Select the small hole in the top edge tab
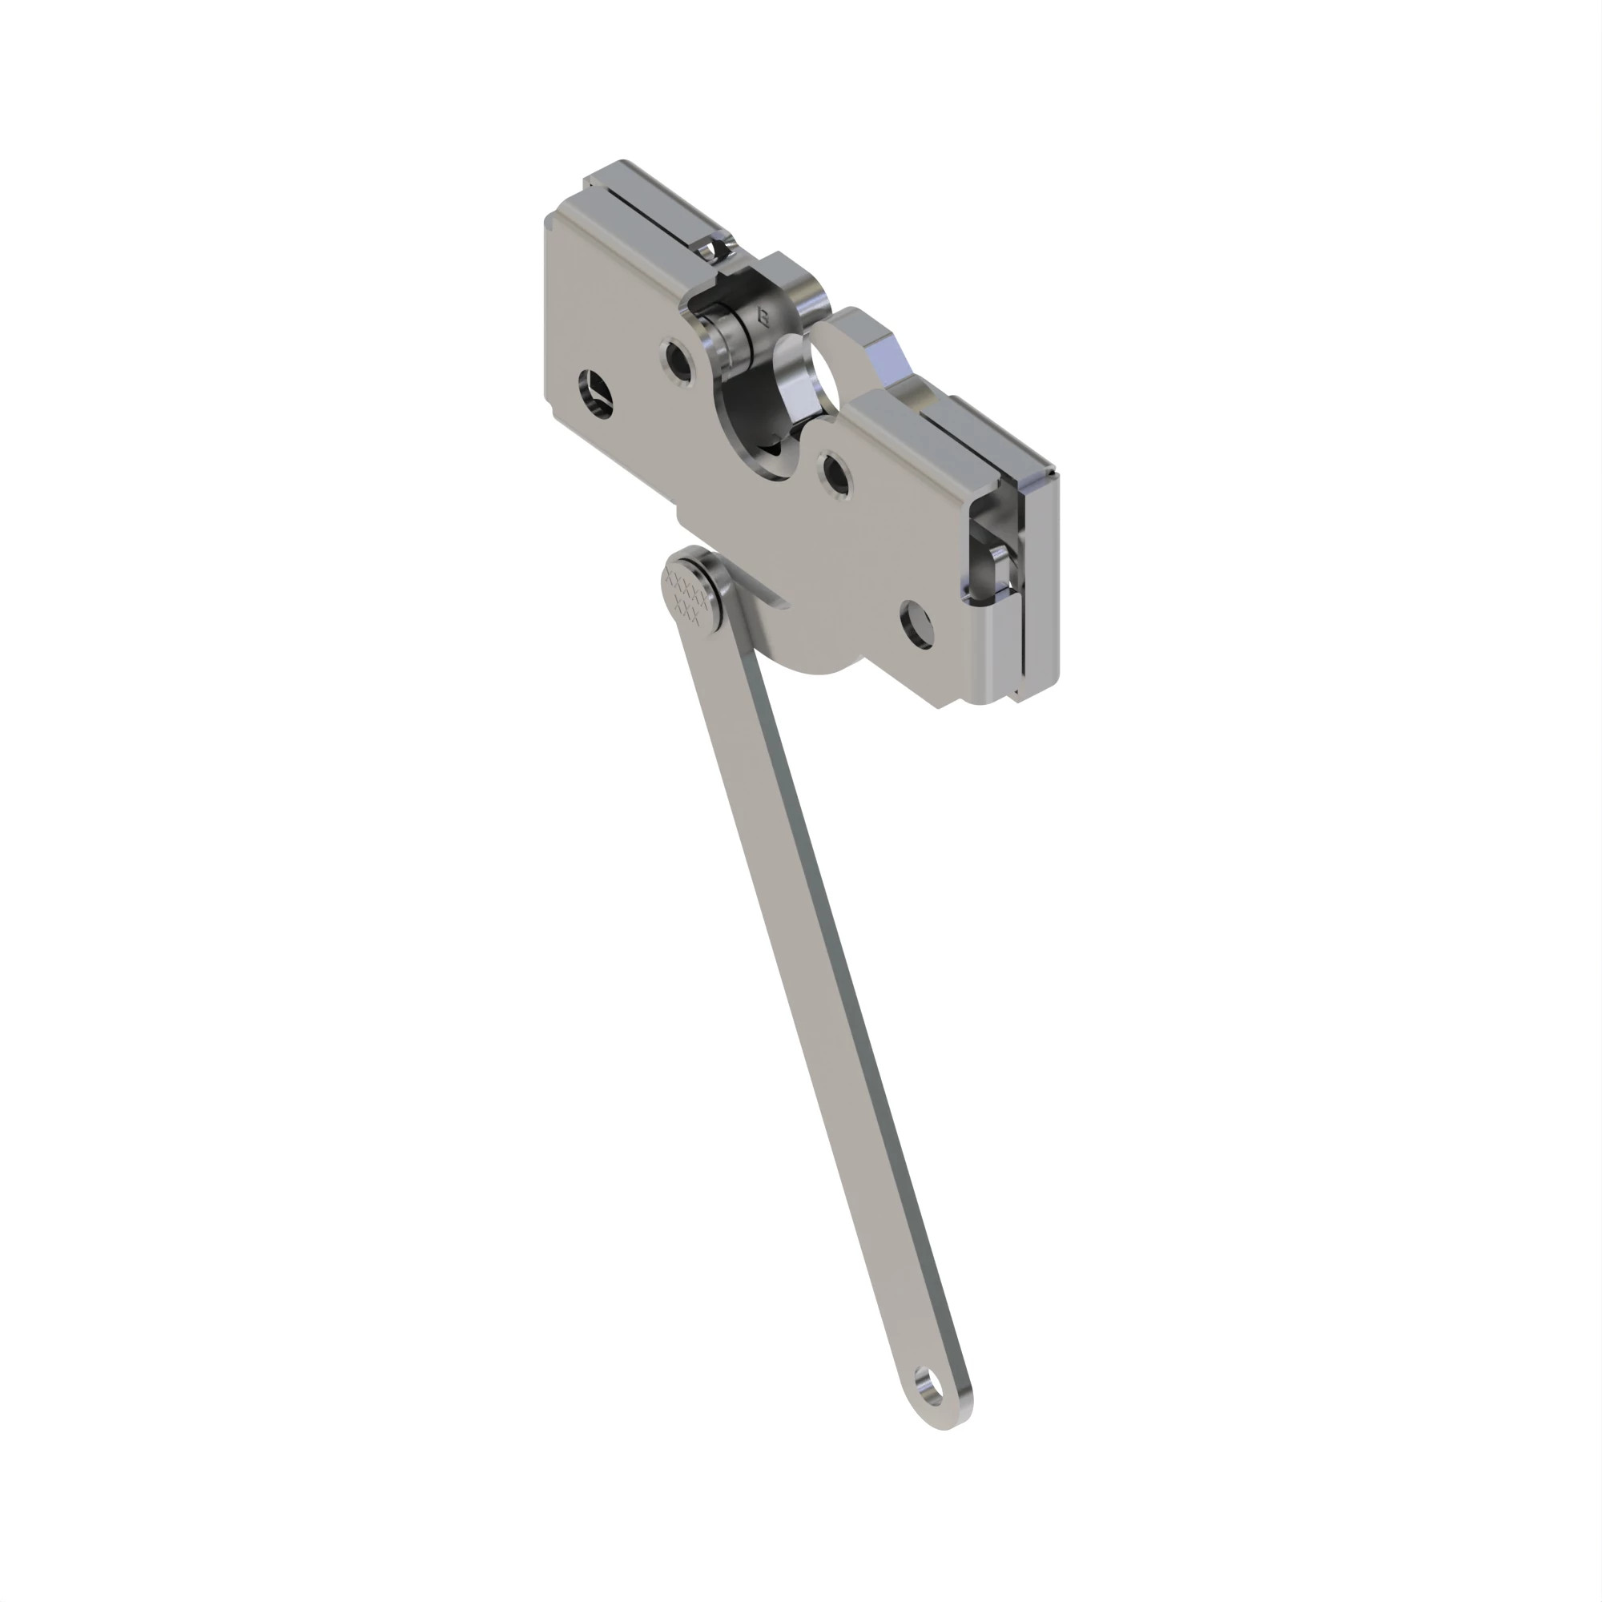[707, 248]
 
